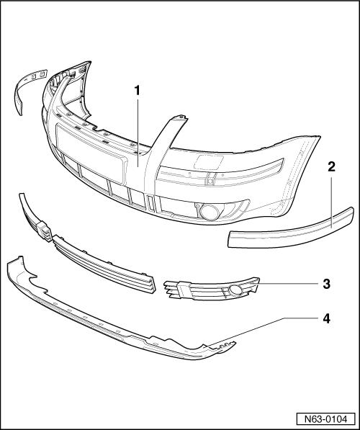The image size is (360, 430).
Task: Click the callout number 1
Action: (137, 91)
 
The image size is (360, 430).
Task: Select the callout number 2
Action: (331, 166)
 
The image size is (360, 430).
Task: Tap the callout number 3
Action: (326, 284)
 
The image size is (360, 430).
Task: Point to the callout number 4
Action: (326, 318)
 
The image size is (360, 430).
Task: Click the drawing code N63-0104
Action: (325, 419)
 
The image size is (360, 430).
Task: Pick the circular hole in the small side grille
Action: (235, 290)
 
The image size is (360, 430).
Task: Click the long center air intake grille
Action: (104, 264)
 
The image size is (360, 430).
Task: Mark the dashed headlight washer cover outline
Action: (209, 162)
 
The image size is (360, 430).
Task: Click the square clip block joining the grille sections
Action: (44, 232)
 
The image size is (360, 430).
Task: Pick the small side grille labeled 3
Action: (212, 290)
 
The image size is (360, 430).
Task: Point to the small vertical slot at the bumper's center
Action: (150, 203)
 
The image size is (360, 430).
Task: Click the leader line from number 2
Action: (331, 202)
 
